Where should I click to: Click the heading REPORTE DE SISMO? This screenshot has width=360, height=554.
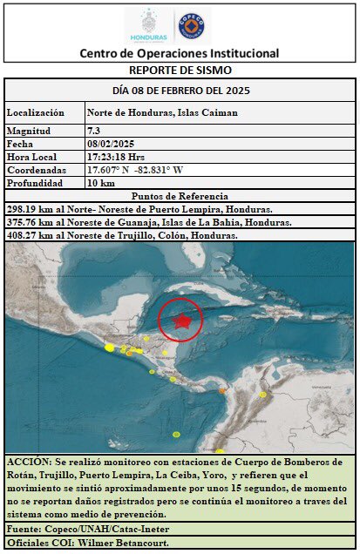[180, 70]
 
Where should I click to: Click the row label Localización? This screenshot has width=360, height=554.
[36, 113]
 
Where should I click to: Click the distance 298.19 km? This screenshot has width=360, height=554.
[27, 209]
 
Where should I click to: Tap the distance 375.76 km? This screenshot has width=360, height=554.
[27, 222]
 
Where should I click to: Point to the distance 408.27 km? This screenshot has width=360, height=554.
[27, 235]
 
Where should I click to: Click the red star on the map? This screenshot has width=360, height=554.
[181, 321]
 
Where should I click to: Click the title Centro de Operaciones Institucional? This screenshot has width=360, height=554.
[180, 53]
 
